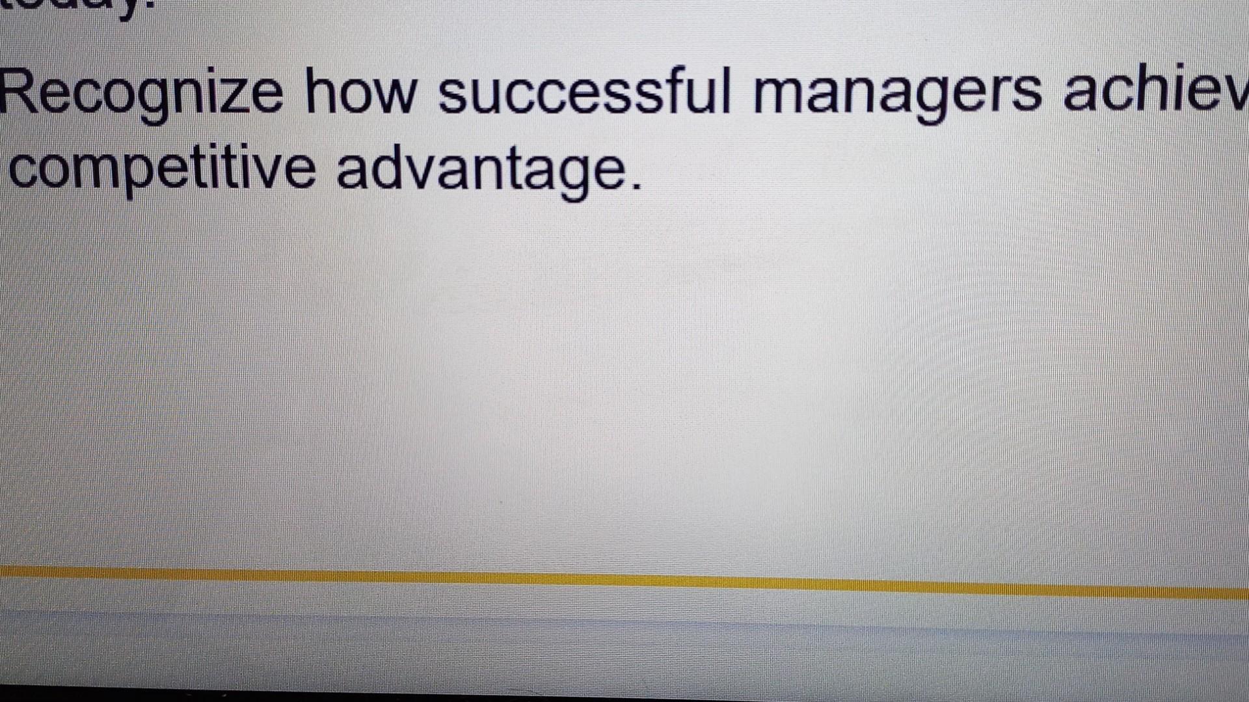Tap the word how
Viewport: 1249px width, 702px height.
[360, 93]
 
